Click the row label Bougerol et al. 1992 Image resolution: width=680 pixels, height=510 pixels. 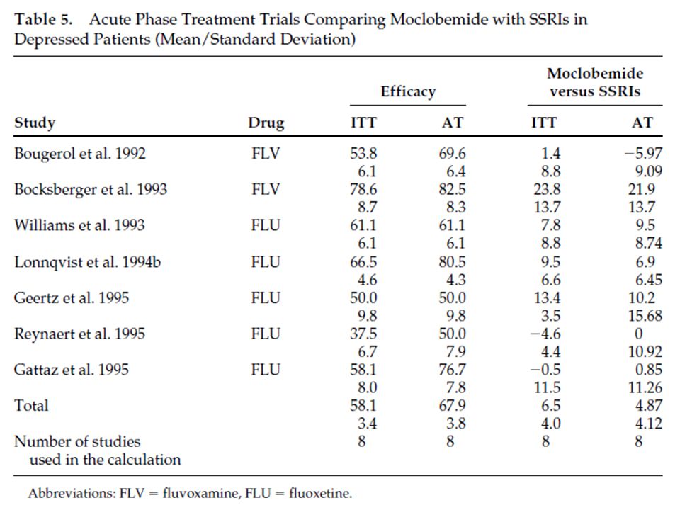click(80, 154)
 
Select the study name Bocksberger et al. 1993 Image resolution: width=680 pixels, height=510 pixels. click(91, 190)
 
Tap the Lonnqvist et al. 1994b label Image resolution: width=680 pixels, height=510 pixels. click(87, 262)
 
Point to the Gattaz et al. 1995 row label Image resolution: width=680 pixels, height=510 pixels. click(72, 370)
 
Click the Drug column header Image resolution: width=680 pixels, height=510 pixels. click(266, 123)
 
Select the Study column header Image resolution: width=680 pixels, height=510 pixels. click(35, 123)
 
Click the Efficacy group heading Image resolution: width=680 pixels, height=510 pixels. click(408, 91)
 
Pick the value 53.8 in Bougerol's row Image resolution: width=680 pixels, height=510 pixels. click(363, 154)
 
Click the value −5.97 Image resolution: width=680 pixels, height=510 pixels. click(643, 154)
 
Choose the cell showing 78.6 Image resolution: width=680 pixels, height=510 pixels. click(363, 190)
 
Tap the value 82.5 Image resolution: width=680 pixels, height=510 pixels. click(453, 190)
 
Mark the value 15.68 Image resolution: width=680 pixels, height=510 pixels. click(645, 316)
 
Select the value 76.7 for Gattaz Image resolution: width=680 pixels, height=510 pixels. click(453, 370)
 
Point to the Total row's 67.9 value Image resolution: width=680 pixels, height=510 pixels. click(453, 405)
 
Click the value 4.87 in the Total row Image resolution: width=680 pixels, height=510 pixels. click(649, 405)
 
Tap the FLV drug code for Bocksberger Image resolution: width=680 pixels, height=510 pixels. click(266, 190)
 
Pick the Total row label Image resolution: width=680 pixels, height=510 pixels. click(31, 405)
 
